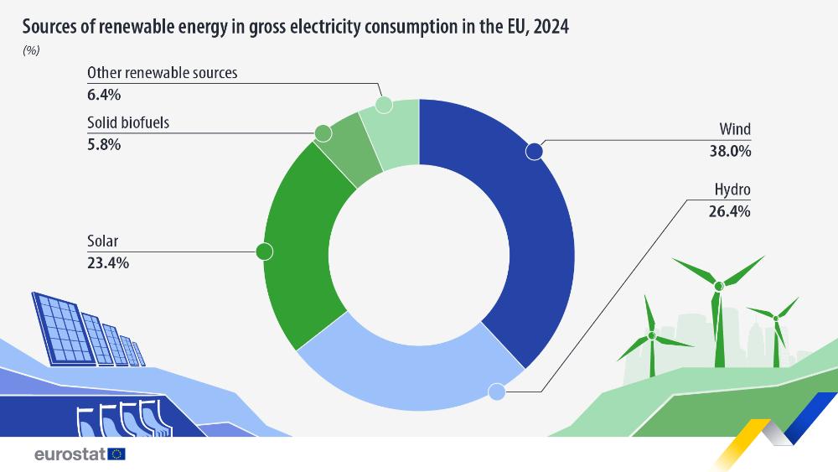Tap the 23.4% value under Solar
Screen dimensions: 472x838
point(108,262)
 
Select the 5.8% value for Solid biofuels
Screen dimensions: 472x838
point(105,144)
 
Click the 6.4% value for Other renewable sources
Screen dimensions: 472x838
point(105,94)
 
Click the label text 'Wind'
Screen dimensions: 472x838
point(735,130)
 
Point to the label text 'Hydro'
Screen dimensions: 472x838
point(732,190)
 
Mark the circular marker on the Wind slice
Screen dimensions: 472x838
point(534,152)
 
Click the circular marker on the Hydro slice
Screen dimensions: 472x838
point(496,392)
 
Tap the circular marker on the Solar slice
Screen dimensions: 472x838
point(264,251)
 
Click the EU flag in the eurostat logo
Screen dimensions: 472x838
point(117,454)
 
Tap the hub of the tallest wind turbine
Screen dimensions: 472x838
point(718,287)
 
